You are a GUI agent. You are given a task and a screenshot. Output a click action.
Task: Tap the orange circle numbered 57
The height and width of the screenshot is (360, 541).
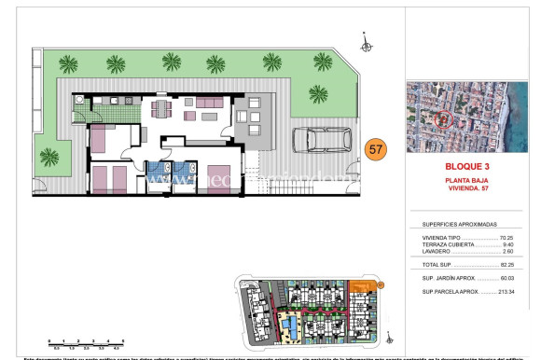coord(375,148)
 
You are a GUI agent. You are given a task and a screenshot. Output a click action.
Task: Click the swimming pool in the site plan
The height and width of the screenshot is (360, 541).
coord(291,328)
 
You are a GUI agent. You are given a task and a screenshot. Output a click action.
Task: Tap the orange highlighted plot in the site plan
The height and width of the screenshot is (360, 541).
coord(359,287)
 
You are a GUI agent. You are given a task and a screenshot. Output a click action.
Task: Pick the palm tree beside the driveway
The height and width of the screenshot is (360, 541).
coord(318,94)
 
